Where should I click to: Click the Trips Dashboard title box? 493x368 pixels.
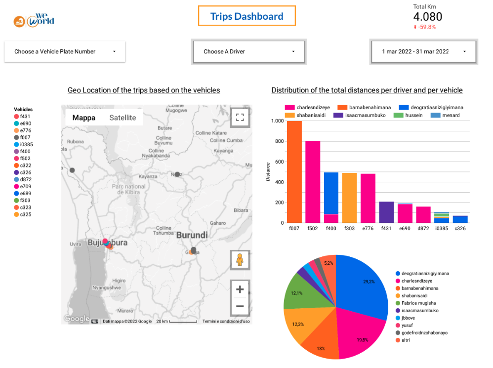246,16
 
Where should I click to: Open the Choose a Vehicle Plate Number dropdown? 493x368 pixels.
65,51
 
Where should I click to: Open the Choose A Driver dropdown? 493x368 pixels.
249,51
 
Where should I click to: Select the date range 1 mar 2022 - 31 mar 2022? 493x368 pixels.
423,51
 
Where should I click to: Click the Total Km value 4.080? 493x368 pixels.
427,17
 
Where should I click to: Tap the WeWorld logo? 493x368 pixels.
34,21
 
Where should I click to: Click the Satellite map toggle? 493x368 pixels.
123,118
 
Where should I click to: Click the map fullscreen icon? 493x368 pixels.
240,117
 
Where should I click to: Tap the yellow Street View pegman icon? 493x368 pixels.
240,260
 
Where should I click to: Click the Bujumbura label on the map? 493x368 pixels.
108,243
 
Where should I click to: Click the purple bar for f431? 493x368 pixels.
386,212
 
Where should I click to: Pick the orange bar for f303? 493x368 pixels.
349,198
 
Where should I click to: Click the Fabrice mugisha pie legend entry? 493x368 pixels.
418,303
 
